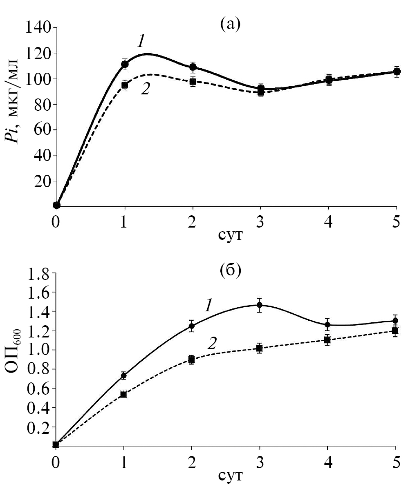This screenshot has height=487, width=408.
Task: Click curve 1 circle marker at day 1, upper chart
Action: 125,64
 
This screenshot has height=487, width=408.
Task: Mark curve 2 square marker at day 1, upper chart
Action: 125,85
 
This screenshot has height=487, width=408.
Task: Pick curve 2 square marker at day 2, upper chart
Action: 193,81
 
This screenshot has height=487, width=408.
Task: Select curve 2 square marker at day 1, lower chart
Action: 123,394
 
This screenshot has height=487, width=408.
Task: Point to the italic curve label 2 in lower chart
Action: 212,343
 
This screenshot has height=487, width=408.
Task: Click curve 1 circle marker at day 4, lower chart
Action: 327,325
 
